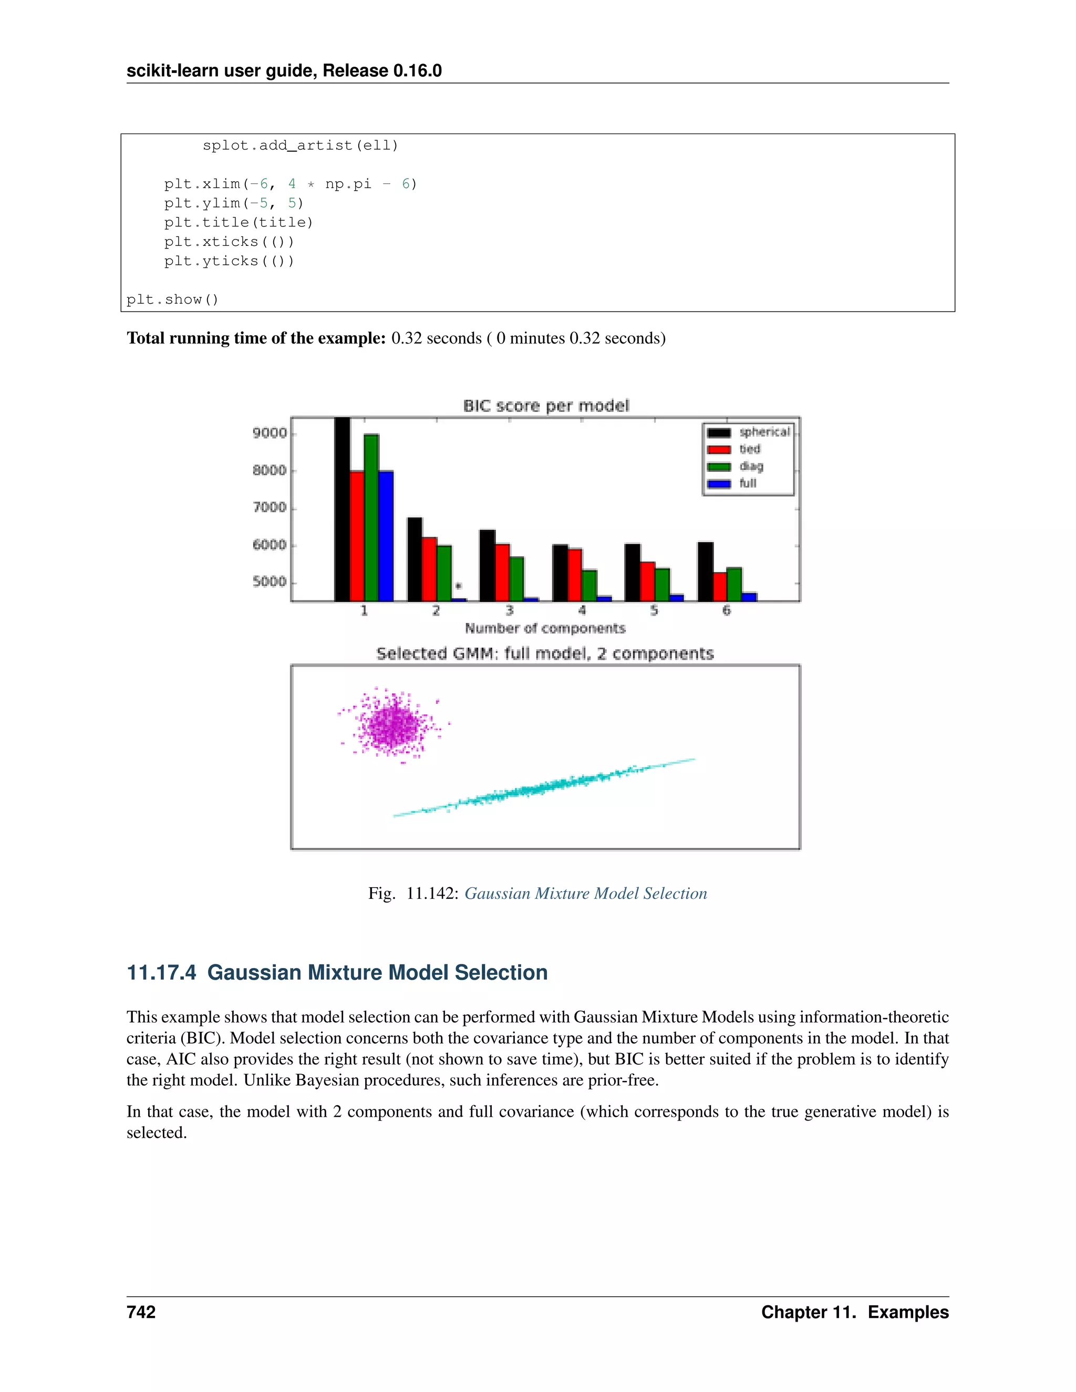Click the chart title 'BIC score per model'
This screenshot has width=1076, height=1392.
pyautogui.click(x=546, y=406)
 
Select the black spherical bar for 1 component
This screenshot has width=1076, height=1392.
pyautogui.click(x=343, y=510)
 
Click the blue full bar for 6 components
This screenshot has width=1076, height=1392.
pyautogui.click(x=750, y=597)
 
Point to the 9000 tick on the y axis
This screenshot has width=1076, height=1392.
pyautogui.click(x=270, y=433)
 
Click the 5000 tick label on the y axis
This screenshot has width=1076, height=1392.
pyautogui.click(x=270, y=582)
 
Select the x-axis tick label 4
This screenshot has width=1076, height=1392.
pyautogui.click(x=582, y=610)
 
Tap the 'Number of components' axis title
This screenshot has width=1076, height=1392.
pyautogui.click(x=545, y=628)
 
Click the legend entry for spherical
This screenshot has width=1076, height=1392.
pyautogui.click(x=763, y=432)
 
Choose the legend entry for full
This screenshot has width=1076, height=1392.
pyautogui.click(x=747, y=484)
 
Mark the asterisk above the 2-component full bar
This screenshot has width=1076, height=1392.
pyautogui.click(x=458, y=586)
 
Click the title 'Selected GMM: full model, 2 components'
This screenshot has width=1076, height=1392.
pyautogui.click(x=545, y=653)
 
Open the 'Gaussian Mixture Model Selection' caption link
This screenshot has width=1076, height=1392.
pyautogui.click(x=585, y=894)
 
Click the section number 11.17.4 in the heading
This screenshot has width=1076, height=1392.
pyautogui.click(x=161, y=973)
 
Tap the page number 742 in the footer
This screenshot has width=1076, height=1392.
pyautogui.click(x=141, y=1312)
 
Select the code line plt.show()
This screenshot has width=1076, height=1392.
pyautogui.click(x=172, y=299)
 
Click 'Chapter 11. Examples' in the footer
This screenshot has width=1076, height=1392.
pyautogui.click(x=854, y=1312)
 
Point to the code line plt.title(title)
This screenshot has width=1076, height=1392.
pyautogui.click(x=239, y=222)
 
